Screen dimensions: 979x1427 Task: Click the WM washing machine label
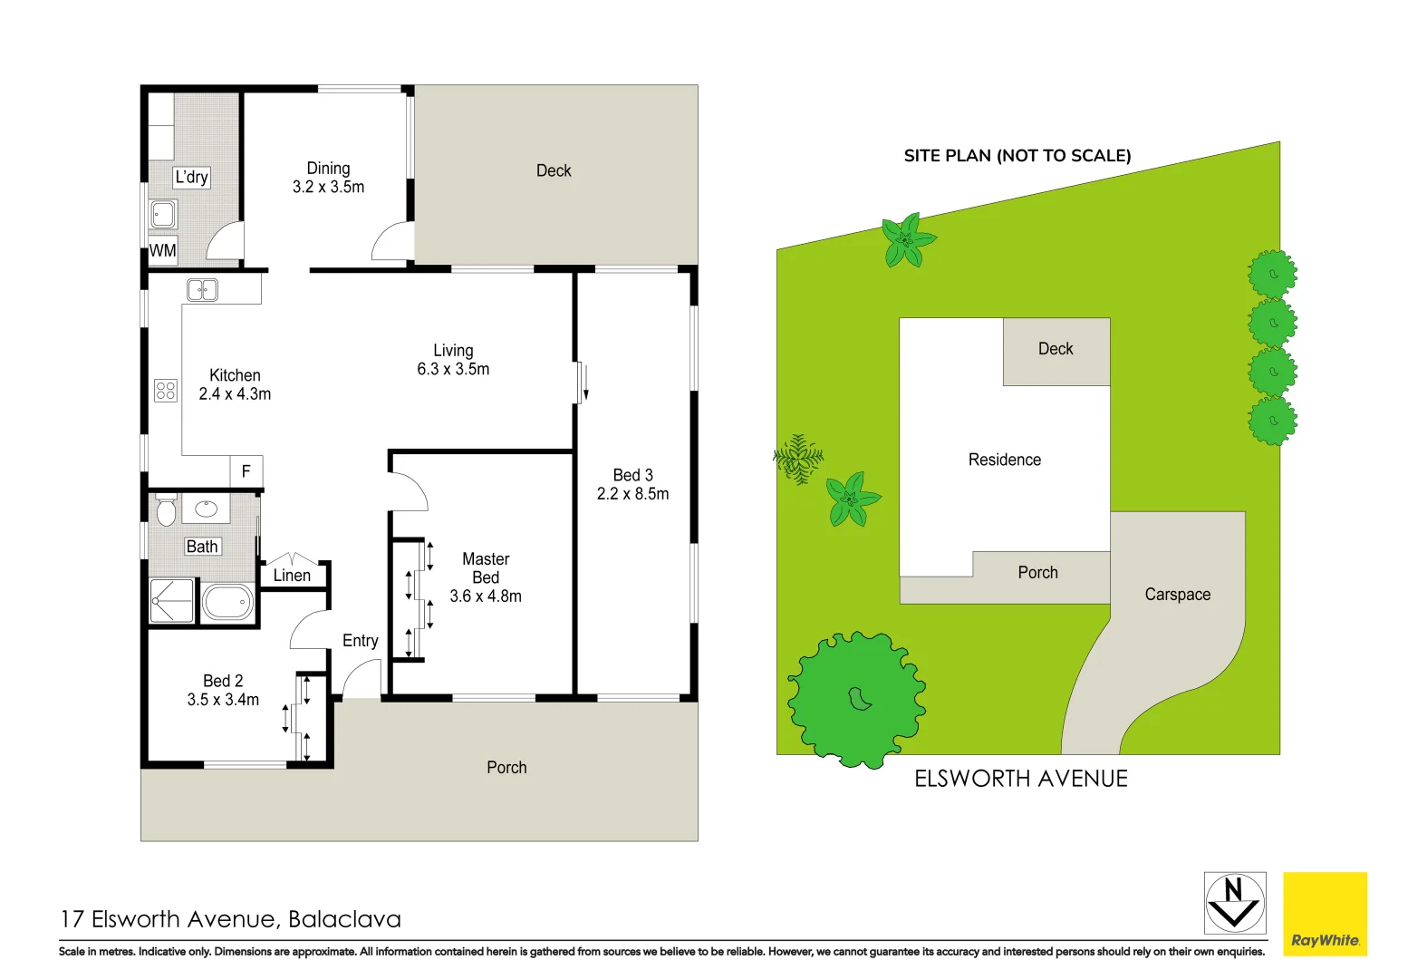[x=163, y=250]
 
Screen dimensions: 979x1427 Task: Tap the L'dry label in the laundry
[x=192, y=177]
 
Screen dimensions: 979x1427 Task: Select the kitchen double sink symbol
[x=202, y=290]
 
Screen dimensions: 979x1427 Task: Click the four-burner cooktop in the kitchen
[x=166, y=391]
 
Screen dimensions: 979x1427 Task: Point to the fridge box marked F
[x=246, y=471]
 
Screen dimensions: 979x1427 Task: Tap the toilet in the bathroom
[x=166, y=510]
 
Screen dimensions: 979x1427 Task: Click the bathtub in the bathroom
[x=227, y=601]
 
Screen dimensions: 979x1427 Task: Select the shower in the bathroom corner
[x=172, y=601]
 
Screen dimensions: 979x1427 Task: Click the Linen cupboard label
[x=292, y=576]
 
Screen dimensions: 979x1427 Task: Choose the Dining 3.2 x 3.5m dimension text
[x=328, y=188]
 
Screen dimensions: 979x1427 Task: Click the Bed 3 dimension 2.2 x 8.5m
[x=632, y=494]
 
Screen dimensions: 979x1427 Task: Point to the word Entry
[x=360, y=641]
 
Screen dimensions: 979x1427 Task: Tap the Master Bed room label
[x=486, y=568]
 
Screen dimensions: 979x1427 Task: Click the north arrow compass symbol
[x=1234, y=903]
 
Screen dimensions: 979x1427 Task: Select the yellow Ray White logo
[x=1325, y=914]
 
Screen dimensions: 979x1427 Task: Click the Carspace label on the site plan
[x=1177, y=595]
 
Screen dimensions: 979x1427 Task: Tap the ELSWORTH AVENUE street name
[x=1021, y=779]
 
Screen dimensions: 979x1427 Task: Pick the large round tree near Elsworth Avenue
[x=856, y=699]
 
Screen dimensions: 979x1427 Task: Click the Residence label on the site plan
[x=1004, y=460]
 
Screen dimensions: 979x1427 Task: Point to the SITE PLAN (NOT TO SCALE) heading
[x=1017, y=156]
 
